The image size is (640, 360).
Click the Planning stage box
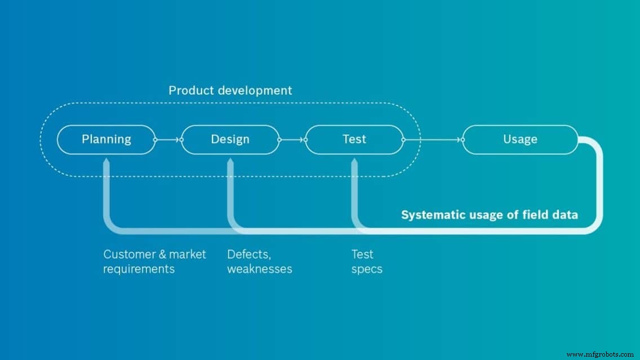coord(106,139)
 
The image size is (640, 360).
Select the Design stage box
coord(230,139)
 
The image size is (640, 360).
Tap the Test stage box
coord(354,139)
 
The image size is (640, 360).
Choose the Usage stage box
coord(519,139)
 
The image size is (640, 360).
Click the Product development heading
coord(230,90)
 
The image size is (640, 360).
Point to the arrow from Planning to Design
coord(168,139)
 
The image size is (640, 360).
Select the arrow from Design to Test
coord(292,139)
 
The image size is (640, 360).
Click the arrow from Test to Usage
coord(433,139)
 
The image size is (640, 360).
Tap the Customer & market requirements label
coord(154,261)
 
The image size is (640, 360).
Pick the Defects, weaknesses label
coord(259,261)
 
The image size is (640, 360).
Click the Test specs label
coord(367,261)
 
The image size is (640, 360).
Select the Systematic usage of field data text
coord(489,215)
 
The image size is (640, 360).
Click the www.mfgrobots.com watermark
coord(600,354)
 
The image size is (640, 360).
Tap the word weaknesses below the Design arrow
coord(260,269)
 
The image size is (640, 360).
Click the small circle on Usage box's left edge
coord(463,139)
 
